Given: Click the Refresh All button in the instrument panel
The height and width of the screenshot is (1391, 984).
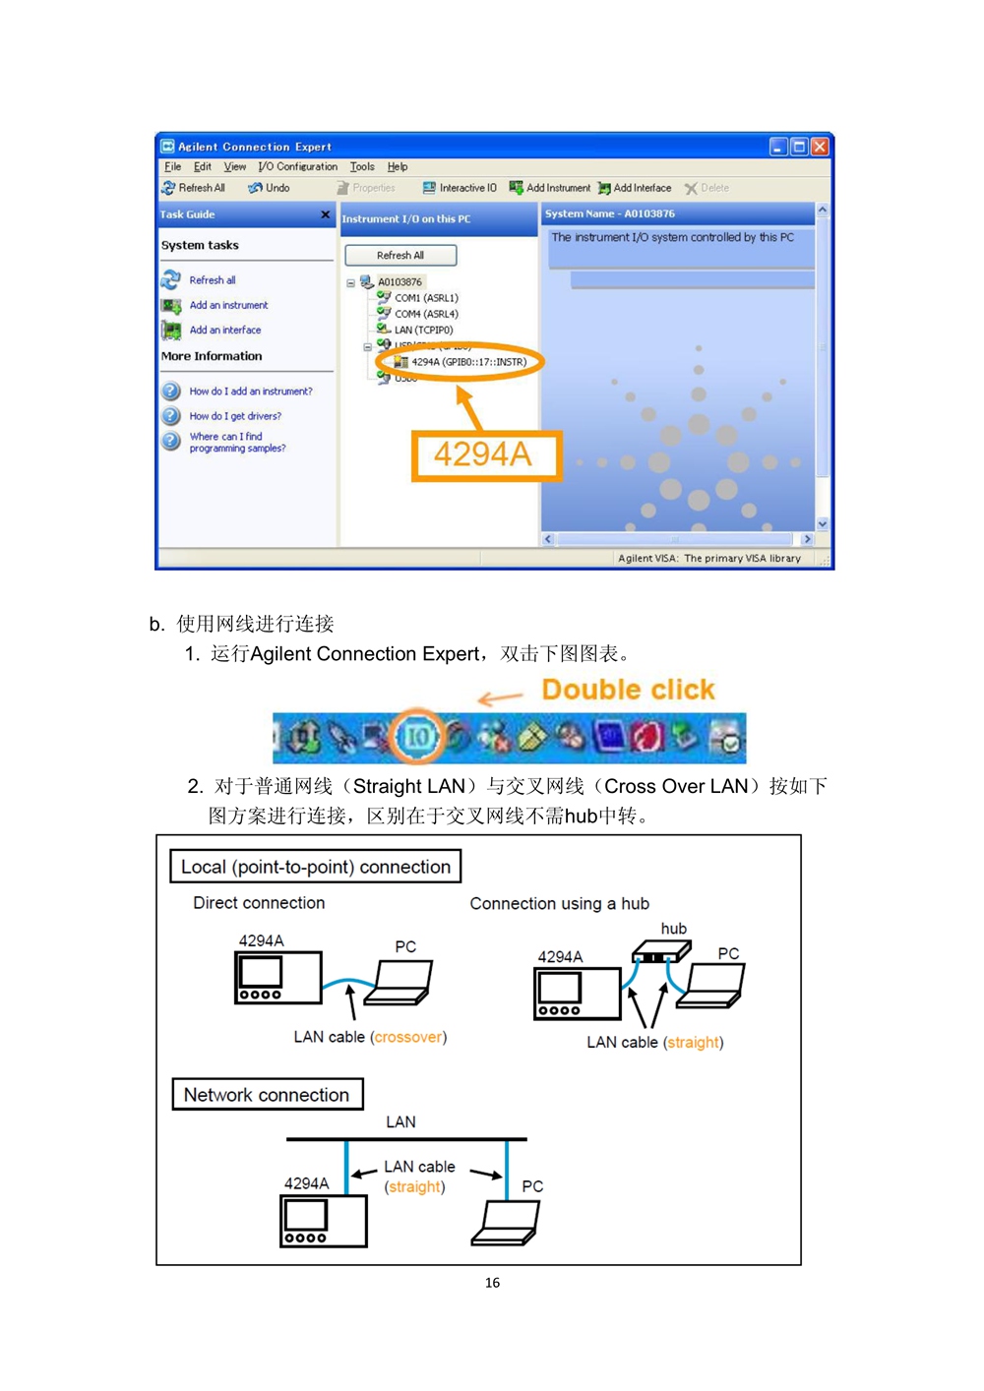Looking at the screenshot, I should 400,256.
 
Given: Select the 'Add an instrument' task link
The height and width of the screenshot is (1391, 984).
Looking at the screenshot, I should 228,306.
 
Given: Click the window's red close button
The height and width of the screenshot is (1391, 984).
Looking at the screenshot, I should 820,147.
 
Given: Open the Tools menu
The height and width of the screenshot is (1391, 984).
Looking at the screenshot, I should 362,167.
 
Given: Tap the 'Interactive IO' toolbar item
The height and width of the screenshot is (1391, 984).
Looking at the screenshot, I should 460,188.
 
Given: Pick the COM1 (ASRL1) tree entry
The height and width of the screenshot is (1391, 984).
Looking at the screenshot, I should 425,298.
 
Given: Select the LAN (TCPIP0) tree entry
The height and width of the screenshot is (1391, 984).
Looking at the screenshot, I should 422,331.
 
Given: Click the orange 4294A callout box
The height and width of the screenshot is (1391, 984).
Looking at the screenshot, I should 485,455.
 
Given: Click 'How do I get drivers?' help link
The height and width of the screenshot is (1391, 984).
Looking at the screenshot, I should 235,416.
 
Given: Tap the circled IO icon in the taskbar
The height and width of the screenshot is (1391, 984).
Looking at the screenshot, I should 417,737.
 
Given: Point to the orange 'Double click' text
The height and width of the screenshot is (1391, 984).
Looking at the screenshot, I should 628,690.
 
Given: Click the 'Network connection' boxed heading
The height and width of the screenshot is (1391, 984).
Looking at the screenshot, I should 267,1095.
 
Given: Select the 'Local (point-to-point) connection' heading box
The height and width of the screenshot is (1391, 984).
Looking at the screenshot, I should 316,867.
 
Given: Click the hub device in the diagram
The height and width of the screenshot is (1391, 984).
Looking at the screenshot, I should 660,952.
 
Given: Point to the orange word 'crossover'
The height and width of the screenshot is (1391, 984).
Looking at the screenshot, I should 408,1037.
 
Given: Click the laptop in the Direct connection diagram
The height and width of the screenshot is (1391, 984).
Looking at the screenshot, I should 399,983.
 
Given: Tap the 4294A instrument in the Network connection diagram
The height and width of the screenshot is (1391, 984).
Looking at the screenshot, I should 324,1221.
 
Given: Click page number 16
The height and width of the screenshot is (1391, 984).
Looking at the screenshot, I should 492,1283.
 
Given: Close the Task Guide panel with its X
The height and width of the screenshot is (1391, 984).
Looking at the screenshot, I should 325,214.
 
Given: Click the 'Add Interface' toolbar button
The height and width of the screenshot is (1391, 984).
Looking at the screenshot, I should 635,188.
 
